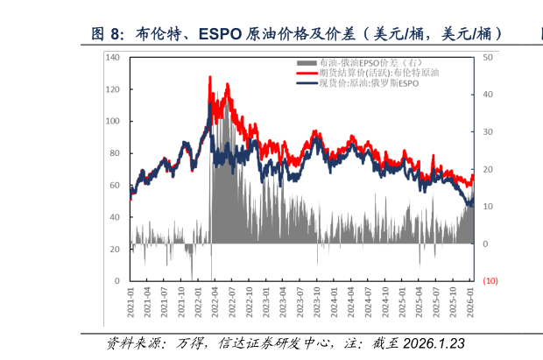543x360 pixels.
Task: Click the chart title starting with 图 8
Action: (298, 34)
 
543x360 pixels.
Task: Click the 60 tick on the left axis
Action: (115, 186)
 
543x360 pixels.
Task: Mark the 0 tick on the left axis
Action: (117, 281)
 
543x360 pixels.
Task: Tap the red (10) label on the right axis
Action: (490, 281)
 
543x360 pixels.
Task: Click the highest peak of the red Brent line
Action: (210, 77)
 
